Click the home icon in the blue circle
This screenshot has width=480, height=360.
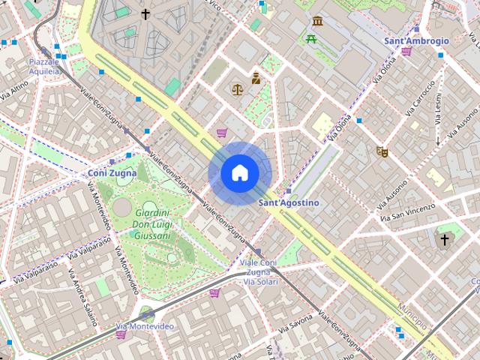(x=239, y=173)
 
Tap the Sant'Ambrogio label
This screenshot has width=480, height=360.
(x=416, y=40)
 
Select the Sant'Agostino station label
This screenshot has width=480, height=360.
(x=289, y=202)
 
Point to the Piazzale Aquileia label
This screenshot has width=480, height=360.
(x=43, y=66)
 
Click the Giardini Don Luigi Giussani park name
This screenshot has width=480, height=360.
(x=151, y=224)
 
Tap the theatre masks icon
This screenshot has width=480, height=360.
(x=382, y=151)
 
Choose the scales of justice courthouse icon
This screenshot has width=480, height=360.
(x=238, y=89)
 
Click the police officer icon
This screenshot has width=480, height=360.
(x=256, y=77)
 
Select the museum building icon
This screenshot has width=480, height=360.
(x=317, y=21)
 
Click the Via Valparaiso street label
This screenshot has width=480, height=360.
(x=24, y=272)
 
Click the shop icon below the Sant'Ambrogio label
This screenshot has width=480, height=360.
(x=406, y=52)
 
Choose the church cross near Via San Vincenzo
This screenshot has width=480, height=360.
(x=445, y=240)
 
